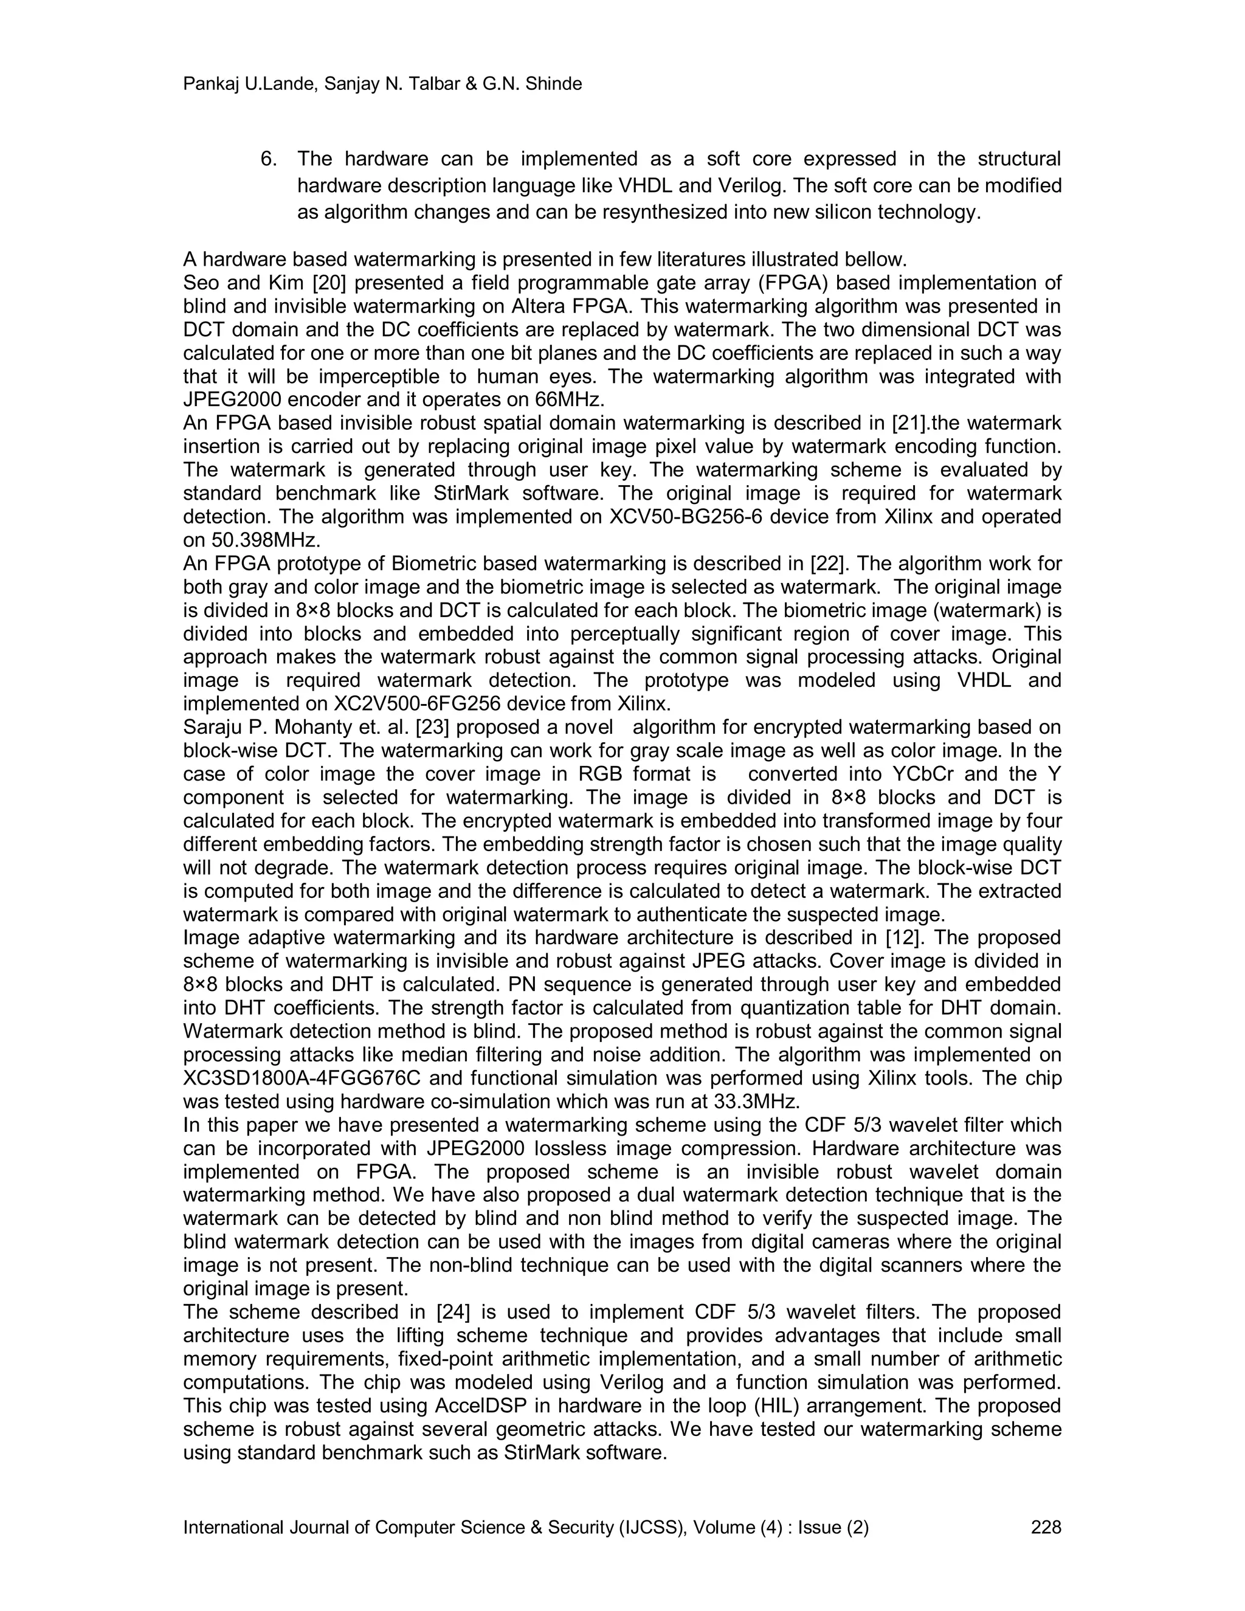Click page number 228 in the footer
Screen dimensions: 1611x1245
pyautogui.click(x=1046, y=1528)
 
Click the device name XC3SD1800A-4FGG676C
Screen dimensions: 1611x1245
pyautogui.click(x=302, y=1078)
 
